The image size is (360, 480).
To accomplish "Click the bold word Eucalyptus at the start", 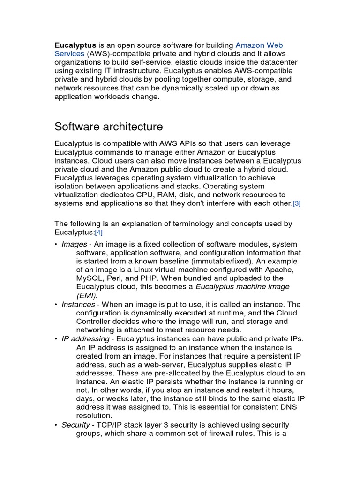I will pyautogui.click(x=75, y=45).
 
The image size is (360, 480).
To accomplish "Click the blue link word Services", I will pyautogui.click(x=69, y=54).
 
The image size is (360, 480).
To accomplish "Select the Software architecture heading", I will pyautogui.click(x=109, y=127).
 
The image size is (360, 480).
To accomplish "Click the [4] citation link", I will pyautogui.click(x=99, y=232).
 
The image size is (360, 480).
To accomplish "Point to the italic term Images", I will pyautogui.click(x=75, y=244).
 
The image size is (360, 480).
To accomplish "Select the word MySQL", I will pyautogui.click(x=89, y=278).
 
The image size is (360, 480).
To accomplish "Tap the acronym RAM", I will pyautogui.click(x=195, y=195).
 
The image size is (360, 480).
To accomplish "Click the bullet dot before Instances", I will pyautogui.click(x=56, y=305).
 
